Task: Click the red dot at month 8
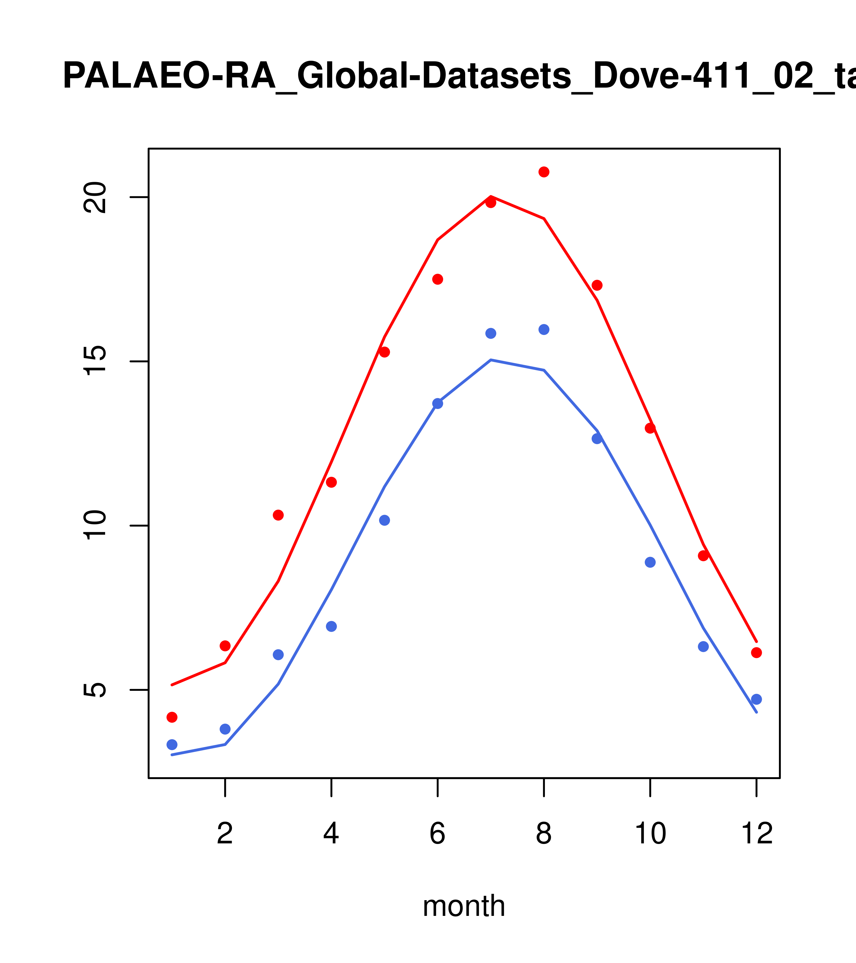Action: [x=544, y=172]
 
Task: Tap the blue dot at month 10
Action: [x=650, y=562]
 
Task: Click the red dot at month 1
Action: [x=172, y=717]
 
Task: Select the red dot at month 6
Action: [x=438, y=279]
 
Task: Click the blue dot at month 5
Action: [x=385, y=520]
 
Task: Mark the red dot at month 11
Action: [x=703, y=556]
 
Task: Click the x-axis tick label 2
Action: [x=225, y=834]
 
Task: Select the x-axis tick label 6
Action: [x=438, y=834]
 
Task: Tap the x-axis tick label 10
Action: [x=650, y=834]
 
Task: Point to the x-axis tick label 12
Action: [x=757, y=834]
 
